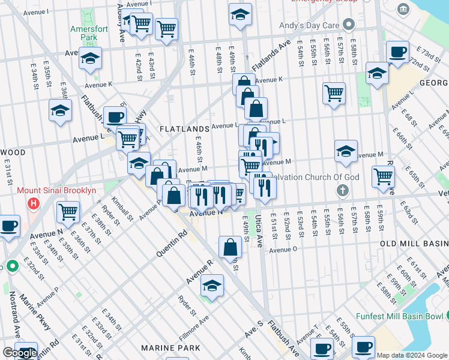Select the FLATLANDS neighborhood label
[184, 129]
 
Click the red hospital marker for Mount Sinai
[34, 204]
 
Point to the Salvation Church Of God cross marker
[343, 191]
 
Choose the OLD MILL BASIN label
[414, 244]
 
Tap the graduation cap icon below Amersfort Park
[90, 58]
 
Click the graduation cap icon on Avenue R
[211, 286]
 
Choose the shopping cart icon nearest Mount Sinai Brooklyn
[68, 211]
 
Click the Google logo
[20, 353]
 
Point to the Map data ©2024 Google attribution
[412, 355]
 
